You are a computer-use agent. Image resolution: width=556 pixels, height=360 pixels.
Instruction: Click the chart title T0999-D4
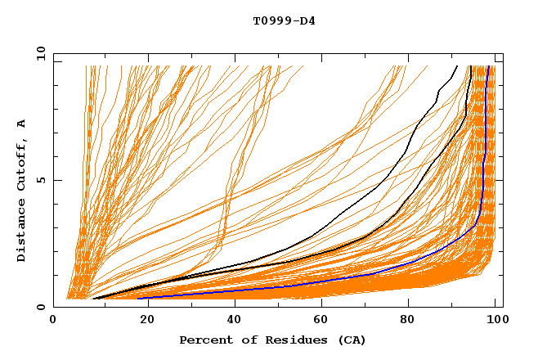coord(284,20)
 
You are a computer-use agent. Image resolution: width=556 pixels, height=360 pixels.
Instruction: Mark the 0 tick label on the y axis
coord(41,307)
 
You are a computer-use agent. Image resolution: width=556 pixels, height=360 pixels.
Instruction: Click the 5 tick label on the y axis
coord(41,180)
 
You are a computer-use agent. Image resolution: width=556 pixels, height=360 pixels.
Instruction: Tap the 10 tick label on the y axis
coord(38,53)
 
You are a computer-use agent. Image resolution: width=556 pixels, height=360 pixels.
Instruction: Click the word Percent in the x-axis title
coord(204,340)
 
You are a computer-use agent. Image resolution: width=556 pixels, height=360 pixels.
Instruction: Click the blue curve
coord(483,164)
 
